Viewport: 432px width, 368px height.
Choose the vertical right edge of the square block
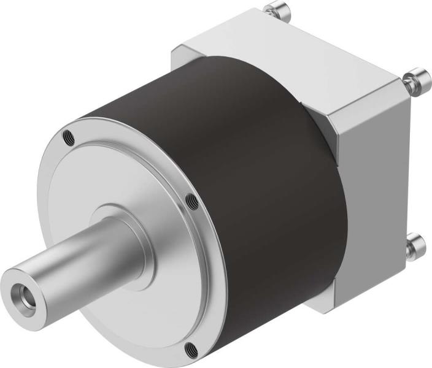(406, 184)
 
